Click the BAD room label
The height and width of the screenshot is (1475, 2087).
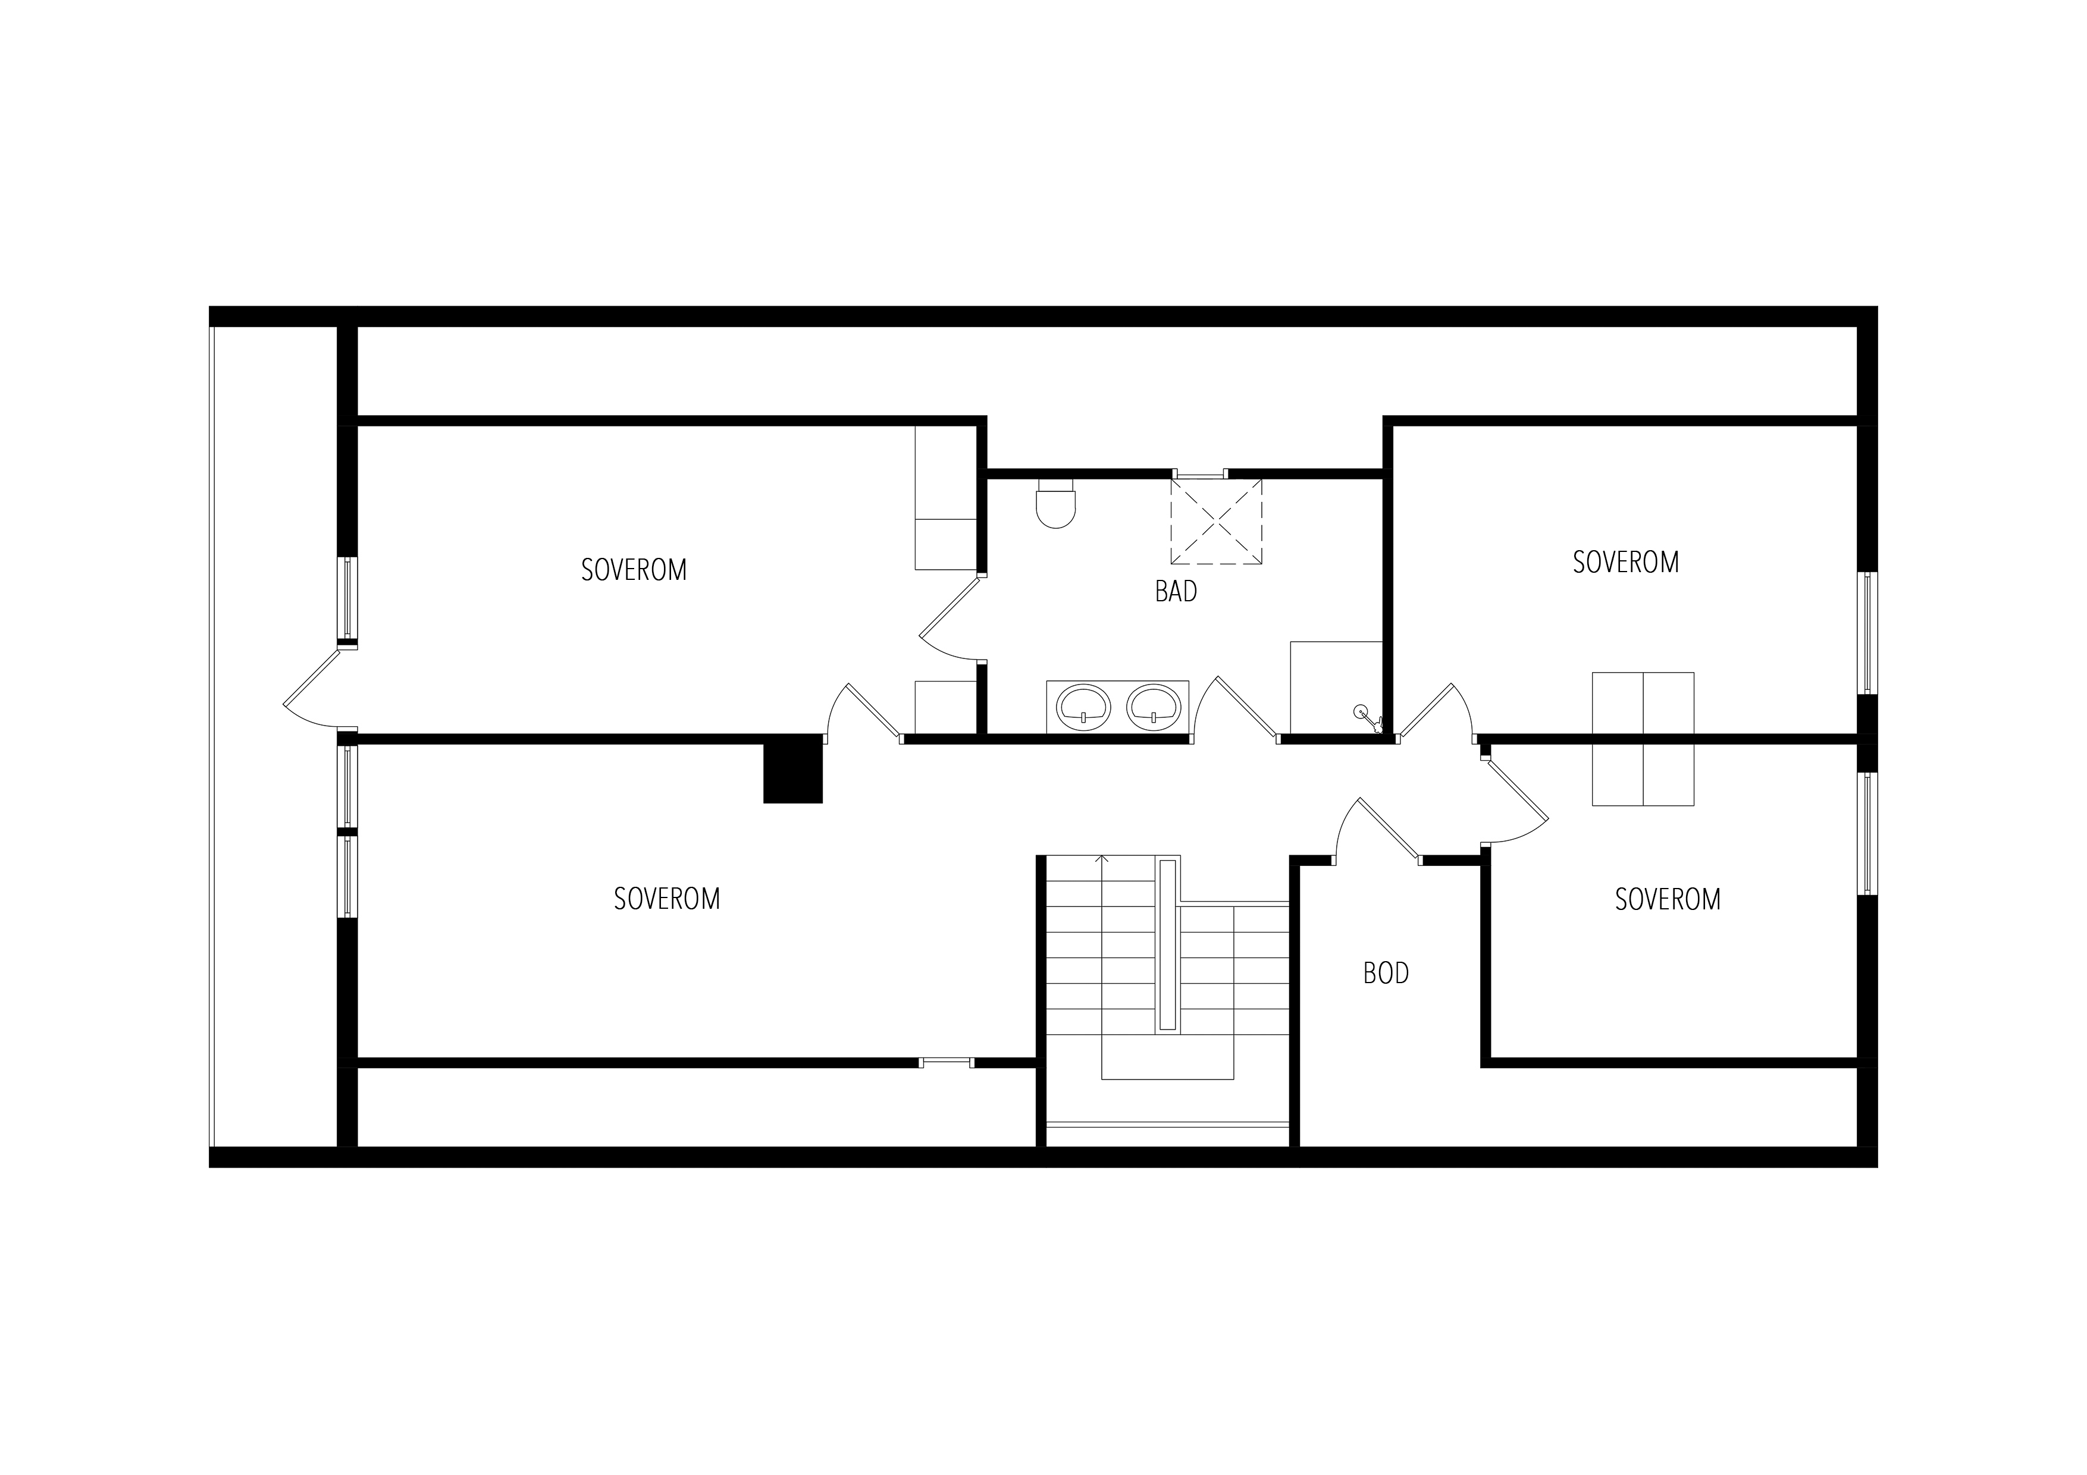[x=1176, y=592]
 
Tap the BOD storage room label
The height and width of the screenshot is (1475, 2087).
[x=1386, y=974]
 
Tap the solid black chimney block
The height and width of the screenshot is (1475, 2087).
[x=792, y=770]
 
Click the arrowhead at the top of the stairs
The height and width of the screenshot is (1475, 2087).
[x=1102, y=859]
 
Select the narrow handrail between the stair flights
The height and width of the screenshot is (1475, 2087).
[x=1168, y=944]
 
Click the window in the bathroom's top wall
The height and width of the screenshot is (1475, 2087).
[x=1200, y=473]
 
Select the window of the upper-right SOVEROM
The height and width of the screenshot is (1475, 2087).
[x=1867, y=633]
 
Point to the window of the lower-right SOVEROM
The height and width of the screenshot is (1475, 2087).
[x=1867, y=833]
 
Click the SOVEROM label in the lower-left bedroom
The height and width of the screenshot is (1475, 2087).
[x=666, y=899]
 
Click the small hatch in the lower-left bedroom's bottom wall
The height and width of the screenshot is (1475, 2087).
[x=947, y=1062]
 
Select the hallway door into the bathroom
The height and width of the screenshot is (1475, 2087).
[x=1236, y=709]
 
